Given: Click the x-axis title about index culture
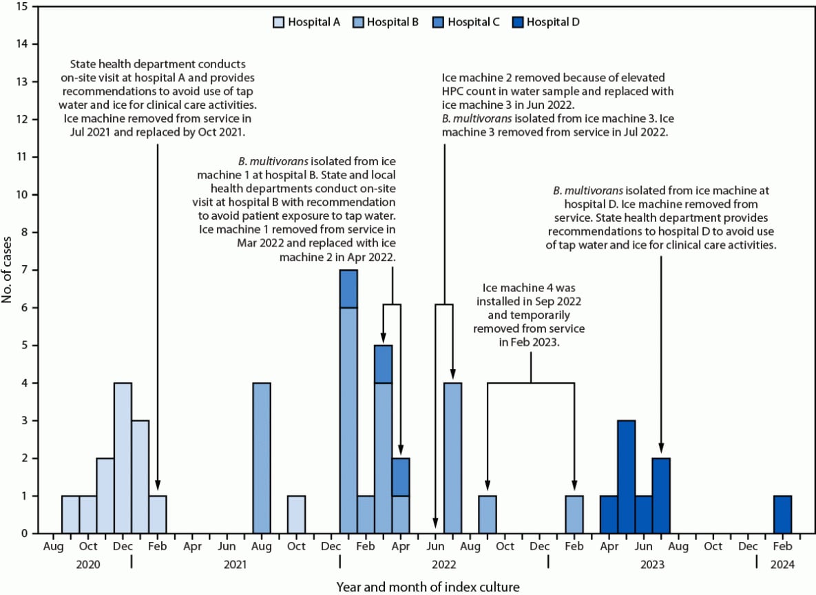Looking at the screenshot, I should pos(426,586).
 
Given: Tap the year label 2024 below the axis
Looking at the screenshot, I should pos(782,564).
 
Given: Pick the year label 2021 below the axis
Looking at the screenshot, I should pos(235,564).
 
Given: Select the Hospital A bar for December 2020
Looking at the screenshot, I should pos(123,458).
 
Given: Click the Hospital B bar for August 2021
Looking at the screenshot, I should pos(262,458).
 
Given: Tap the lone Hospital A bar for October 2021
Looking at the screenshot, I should pos(296,514).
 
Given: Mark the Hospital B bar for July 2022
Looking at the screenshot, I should pos(452,458).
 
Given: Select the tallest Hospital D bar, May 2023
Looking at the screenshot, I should pos(626,477).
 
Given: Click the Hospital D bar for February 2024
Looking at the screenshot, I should pos(782,514).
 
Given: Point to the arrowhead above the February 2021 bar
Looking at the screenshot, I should pos(157,486).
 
